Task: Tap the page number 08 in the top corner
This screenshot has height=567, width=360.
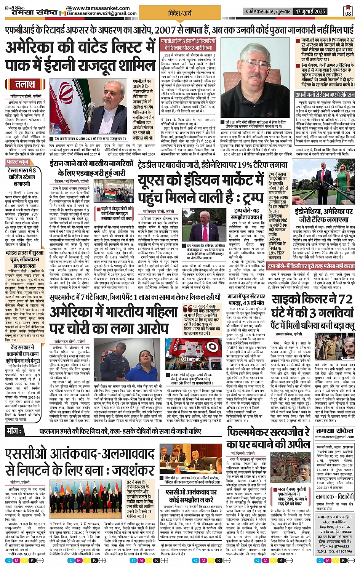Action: coord(348,11)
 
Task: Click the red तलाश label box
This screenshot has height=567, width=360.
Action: coord(25,85)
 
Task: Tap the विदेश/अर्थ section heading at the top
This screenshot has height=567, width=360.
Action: coord(180,14)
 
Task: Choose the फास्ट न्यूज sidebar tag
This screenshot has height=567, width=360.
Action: coord(18,162)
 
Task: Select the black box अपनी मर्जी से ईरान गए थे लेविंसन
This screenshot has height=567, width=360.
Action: coord(325,95)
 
